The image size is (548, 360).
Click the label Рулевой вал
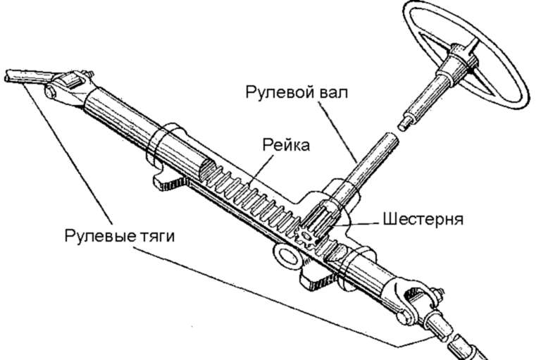[296, 92]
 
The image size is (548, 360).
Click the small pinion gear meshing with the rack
[307, 235]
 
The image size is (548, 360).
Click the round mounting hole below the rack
[287, 254]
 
